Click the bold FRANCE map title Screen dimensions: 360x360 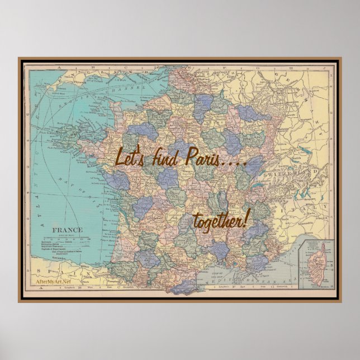coord(68,230)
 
